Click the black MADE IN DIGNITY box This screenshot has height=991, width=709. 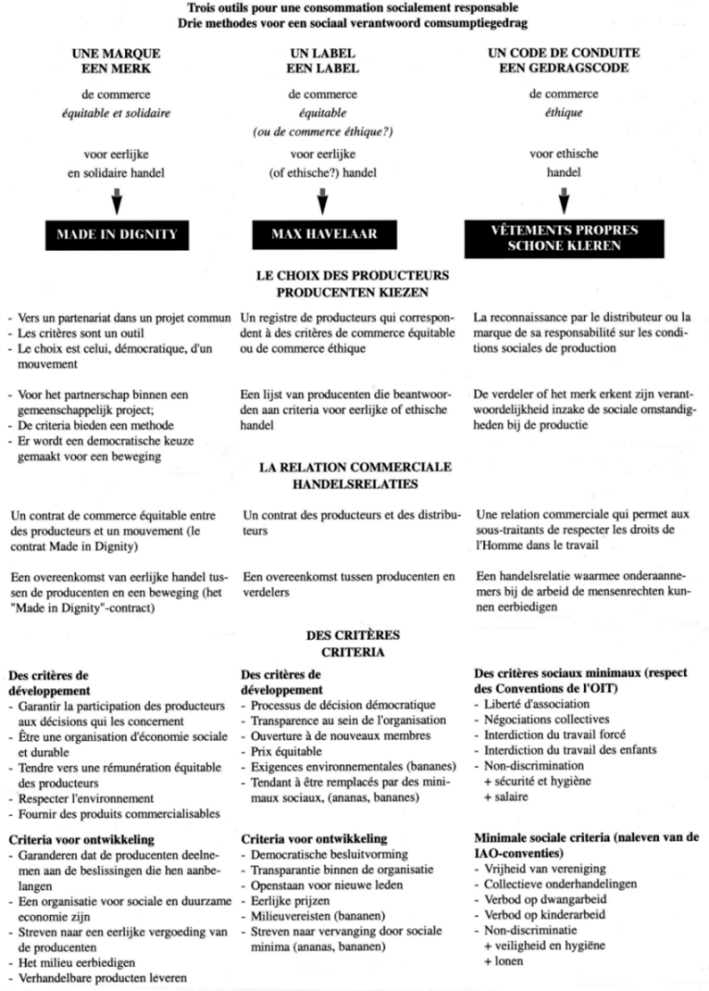[116, 234]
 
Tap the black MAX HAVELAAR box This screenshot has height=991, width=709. [324, 234]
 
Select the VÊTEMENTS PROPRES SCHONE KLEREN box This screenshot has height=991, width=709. [564, 237]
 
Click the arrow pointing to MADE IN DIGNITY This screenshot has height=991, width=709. [116, 202]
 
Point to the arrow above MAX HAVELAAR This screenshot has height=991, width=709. [322, 202]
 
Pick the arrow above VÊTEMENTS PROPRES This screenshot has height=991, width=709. [564, 201]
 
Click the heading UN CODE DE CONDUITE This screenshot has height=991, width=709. [563, 52]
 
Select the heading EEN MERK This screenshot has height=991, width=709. [116, 69]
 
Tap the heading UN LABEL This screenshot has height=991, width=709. [322, 53]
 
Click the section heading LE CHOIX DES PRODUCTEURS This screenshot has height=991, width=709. [352, 275]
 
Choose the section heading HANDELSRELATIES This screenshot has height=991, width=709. [354, 484]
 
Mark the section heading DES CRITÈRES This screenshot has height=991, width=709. [352, 635]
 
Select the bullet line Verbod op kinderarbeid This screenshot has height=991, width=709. [544, 914]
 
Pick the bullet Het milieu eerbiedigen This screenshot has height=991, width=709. [76, 962]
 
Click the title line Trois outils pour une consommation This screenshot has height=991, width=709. [352, 8]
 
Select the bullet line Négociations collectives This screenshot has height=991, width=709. [546, 719]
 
